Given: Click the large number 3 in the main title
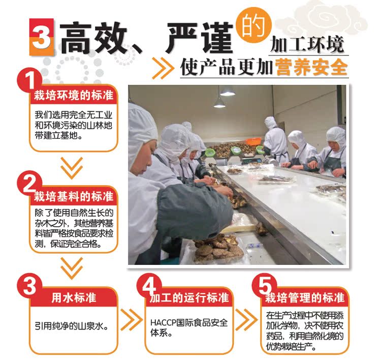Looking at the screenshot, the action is (41, 37).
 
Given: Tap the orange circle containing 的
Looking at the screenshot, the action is (253, 25).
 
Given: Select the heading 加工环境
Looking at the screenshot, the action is (307, 45).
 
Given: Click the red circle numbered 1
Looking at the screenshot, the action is (29, 80).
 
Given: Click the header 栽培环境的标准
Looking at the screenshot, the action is (74, 95).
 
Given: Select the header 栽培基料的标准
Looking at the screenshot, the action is (74, 197).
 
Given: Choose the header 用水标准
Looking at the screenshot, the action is (74, 298).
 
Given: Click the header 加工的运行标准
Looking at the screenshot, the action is (189, 298).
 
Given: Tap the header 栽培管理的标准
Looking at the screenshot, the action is (304, 298).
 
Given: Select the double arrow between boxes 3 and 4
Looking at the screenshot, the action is (132, 320).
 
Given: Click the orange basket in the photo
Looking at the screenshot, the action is (253, 141).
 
